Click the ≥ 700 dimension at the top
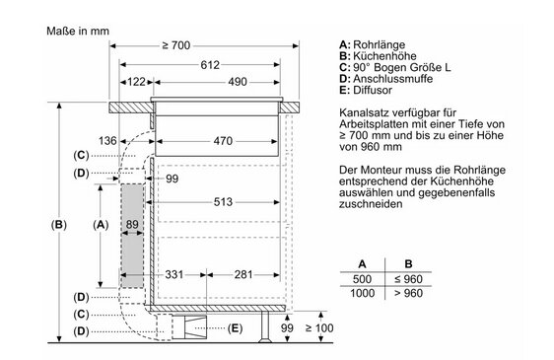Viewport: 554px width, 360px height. point(175,45)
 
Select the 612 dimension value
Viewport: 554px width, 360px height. point(210,65)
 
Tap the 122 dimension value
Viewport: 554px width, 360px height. point(136,82)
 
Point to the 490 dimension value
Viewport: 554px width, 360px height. point(237,82)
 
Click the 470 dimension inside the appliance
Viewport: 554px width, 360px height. point(223,141)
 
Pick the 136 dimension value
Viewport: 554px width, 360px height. point(107,141)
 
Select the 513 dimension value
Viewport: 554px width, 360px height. point(223,202)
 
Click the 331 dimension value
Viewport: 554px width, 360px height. point(174,274)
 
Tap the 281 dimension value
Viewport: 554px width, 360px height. point(243,274)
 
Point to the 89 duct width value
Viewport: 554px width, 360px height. point(132,224)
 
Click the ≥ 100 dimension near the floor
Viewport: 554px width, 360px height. point(319,328)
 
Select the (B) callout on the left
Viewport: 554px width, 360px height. point(58,225)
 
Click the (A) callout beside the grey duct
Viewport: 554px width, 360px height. point(101,225)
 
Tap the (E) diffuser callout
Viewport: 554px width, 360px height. point(235,328)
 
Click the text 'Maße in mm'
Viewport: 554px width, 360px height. point(78,32)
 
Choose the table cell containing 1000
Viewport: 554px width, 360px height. point(362,293)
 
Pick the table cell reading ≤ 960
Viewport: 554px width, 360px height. point(408,279)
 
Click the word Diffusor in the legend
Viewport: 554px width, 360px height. point(373,90)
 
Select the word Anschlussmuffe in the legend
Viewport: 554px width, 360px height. point(393,79)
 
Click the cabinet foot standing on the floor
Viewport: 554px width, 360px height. point(265,327)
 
